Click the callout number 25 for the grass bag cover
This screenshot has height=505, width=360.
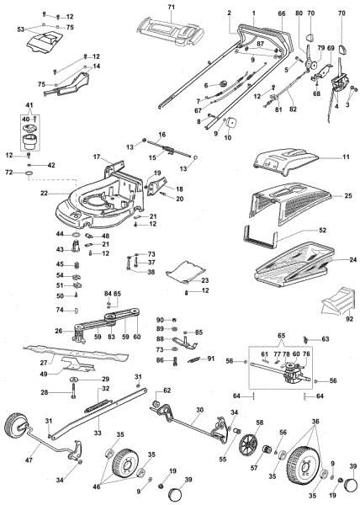click(347, 196)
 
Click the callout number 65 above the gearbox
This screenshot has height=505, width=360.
click(281, 334)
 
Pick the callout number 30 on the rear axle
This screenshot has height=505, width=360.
click(199, 410)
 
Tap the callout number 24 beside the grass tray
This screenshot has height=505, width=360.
click(347, 260)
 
